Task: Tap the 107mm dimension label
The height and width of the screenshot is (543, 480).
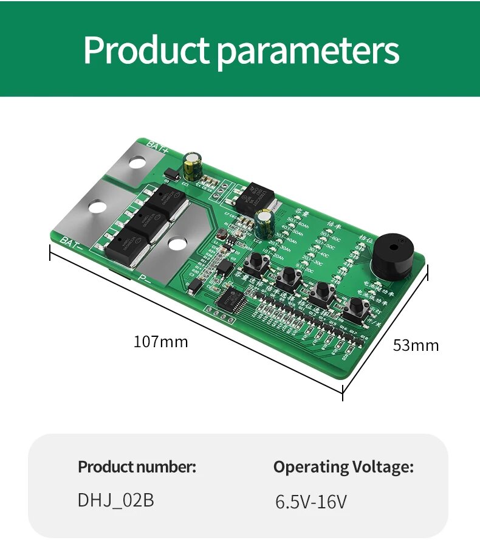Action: click(x=161, y=342)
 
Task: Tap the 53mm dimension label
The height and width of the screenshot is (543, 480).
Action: click(x=416, y=345)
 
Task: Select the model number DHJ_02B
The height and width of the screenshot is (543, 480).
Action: click(x=115, y=500)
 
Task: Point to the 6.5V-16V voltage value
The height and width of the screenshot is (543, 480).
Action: click(x=311, y=502)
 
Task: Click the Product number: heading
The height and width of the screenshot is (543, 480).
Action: click(x=137, y=467)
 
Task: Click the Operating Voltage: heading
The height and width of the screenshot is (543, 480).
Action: click(x=343, y=467)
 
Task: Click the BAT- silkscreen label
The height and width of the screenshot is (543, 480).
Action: click(x=72, y=240)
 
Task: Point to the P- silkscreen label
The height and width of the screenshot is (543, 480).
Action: click(x=145, y=278)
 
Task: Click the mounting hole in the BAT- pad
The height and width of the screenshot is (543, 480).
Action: click(x=95, y=207)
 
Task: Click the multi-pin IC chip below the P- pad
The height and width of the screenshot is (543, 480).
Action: click(x=230, y=299)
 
